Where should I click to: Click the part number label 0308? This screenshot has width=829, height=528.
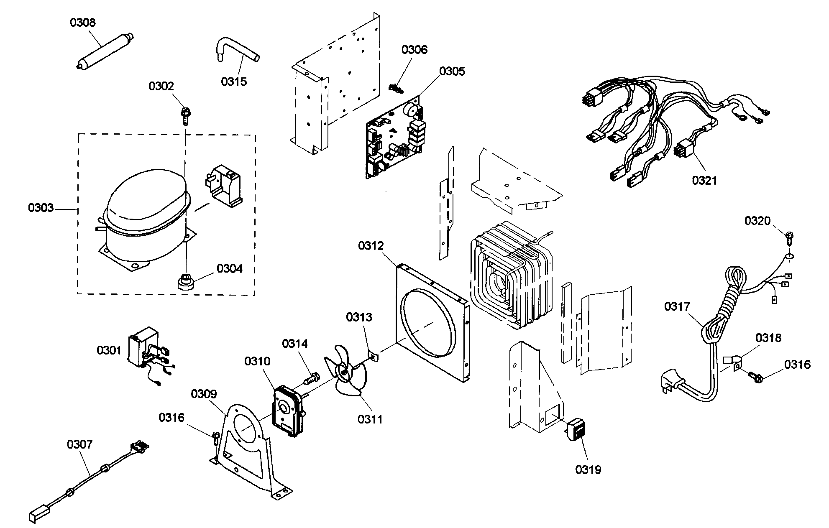(82, 23)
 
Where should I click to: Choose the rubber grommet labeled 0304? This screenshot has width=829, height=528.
(184, 282)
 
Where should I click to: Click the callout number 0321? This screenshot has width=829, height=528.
(704, 180)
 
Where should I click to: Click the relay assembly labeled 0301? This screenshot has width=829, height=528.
(146, 351)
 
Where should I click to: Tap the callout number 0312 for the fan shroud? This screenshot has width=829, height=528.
(371, 245)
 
